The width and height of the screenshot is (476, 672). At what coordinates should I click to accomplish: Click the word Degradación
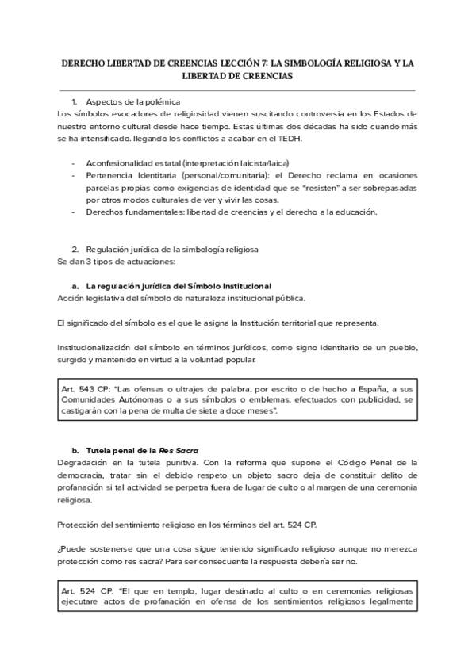click(85, 462)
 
